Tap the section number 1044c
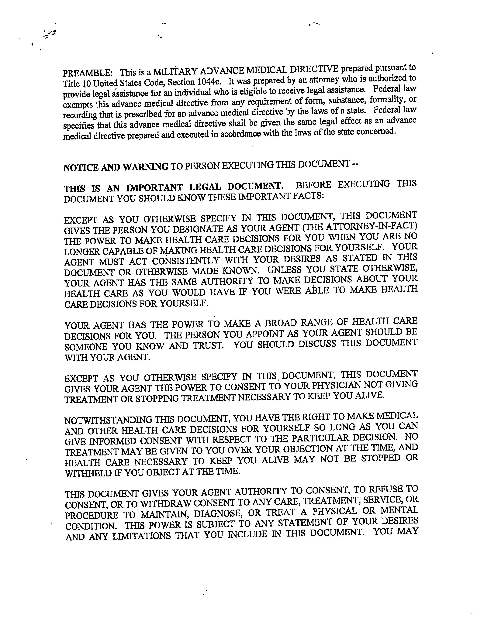tap(209, 82)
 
